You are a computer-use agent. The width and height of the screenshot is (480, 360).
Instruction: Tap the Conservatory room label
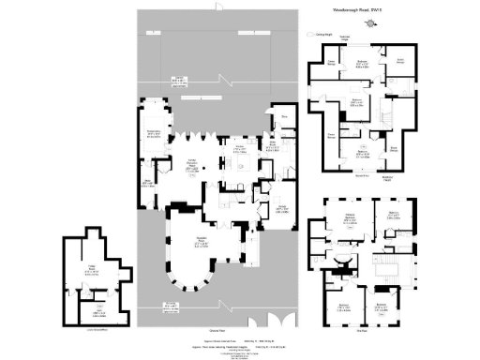(x=153, y=134)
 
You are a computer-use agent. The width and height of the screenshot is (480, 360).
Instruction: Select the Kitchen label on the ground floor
(x=240, y=147)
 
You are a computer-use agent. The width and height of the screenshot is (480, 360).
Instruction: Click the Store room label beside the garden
(x=283, y=118)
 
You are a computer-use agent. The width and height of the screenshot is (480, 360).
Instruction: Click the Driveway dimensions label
(x=170, y=306)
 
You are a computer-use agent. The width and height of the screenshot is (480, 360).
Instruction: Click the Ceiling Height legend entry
(x=324, y=34)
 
